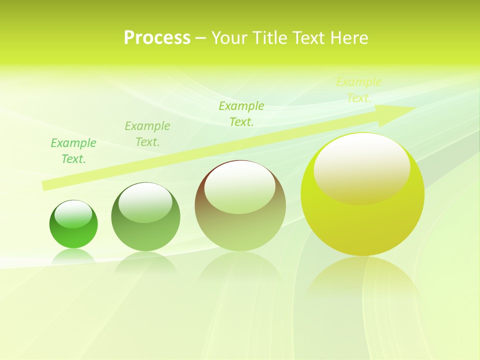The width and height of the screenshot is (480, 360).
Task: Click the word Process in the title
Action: coord(157,38)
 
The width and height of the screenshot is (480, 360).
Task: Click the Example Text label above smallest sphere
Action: coord(73,151)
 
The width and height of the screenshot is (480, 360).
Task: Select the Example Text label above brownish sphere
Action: coord(241,114)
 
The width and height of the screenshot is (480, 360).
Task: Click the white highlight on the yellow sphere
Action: coord(361,168)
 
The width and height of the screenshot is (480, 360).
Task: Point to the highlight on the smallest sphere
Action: coord(73,214)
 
